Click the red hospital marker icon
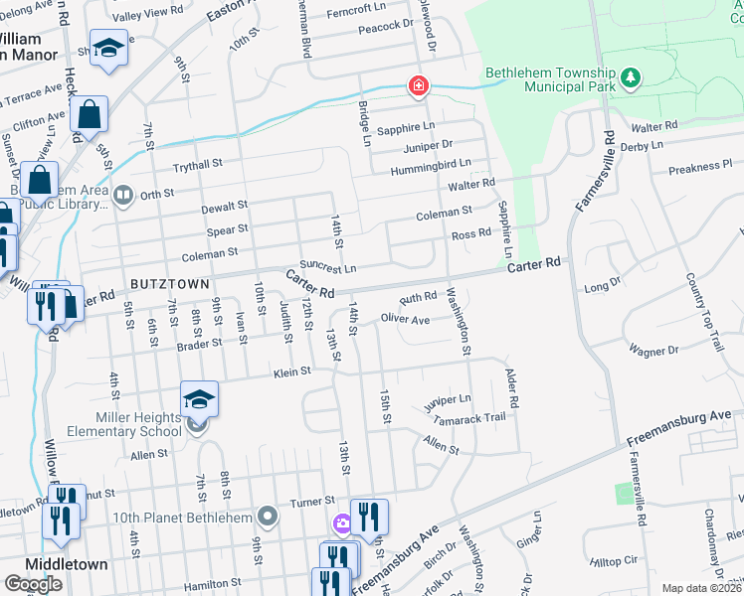(x=419, y=86)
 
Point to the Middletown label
(x=67, y=563)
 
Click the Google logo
(x=33, y=584)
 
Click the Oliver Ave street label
(x=405, y=320)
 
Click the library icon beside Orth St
(x=123, y=195)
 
